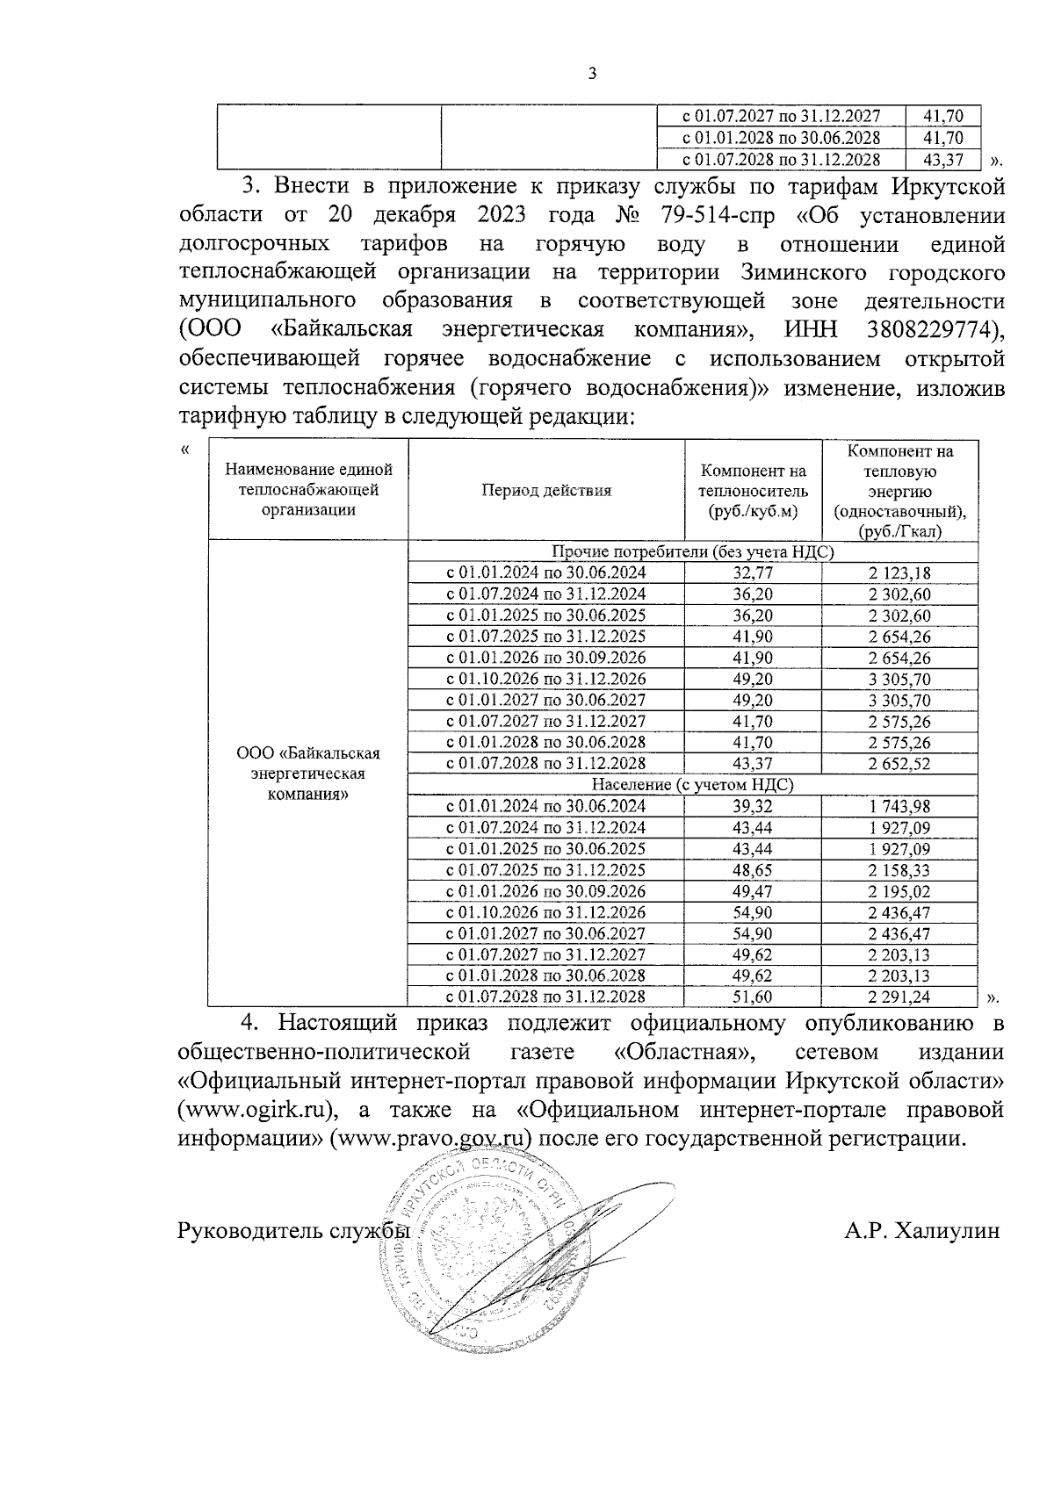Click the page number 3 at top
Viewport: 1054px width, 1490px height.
591,74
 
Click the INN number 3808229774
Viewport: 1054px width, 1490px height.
933,329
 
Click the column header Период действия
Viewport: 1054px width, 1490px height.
545,491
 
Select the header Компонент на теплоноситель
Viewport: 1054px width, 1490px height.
753,491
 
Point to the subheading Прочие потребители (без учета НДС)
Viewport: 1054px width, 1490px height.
692,551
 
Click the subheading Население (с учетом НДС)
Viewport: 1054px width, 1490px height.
692,785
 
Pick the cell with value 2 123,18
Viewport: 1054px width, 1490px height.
899,573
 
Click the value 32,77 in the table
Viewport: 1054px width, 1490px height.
753,573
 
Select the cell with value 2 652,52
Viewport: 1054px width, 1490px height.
899,764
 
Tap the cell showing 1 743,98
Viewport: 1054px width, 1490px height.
899,806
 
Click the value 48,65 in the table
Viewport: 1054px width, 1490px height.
753,870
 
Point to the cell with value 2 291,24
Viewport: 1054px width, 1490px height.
899,997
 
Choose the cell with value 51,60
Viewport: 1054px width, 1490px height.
753,997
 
